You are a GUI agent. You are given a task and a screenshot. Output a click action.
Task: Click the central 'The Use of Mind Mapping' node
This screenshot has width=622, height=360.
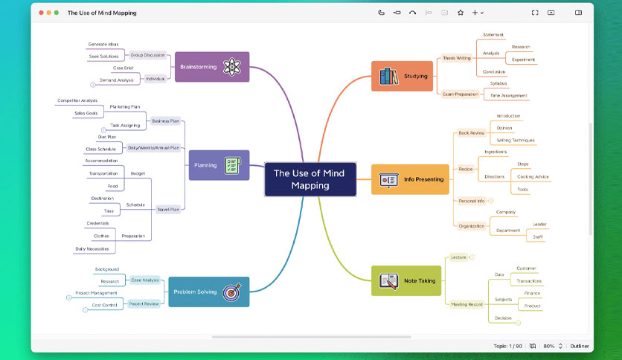(310, 179)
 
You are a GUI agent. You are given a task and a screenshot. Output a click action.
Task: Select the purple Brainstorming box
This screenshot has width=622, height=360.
(212, 67)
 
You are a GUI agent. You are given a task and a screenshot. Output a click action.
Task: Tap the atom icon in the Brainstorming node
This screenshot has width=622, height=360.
(231, 67)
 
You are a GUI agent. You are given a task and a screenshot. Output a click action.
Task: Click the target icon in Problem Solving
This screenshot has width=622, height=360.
(231, 292)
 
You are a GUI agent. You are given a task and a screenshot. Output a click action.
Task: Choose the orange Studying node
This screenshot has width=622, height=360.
(402, 76)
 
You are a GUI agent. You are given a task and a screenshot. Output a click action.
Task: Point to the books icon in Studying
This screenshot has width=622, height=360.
(388, 76)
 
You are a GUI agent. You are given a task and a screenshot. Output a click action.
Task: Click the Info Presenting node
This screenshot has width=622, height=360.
(410, 179)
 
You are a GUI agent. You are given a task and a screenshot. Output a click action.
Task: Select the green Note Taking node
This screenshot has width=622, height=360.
(405, 280)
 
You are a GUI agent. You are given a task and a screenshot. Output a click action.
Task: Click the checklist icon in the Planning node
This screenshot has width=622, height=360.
(232, 165)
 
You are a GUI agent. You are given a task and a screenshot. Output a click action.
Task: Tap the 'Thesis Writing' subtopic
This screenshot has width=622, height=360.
(457, 58)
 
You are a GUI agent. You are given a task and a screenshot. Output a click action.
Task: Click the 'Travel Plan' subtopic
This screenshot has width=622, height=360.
(168, 209)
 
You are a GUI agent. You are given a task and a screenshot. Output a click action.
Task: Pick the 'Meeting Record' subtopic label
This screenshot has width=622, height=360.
(467, 304)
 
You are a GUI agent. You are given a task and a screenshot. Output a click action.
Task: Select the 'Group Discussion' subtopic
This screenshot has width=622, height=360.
(147, 55)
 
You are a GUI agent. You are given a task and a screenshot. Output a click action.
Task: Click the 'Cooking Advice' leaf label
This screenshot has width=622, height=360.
(533, 177)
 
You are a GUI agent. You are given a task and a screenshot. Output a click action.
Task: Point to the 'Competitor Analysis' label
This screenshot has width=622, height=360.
(77, 100)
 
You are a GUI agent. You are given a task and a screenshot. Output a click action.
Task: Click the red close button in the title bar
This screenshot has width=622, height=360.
(41, 13)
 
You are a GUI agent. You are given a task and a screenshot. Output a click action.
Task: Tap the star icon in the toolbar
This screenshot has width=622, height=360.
(461, 13)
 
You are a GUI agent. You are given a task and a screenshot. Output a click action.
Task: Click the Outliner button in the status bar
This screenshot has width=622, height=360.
(580, 346)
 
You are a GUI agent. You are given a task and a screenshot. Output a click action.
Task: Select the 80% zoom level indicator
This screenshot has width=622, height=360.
(549, 346)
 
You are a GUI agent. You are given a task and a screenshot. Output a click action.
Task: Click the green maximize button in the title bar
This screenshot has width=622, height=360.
(57, 13)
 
